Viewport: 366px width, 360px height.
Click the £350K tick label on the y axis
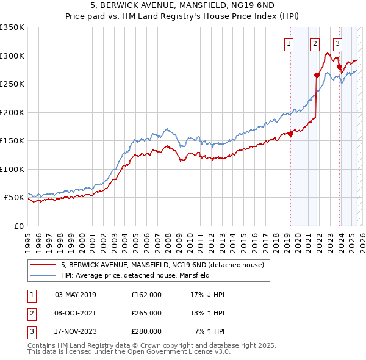pyautogui.click(x=12, y=27)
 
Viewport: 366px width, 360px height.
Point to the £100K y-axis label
pyautogui.click(x=12, y=169)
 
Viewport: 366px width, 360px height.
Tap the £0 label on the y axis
pyautogui.click(x=18, y=226)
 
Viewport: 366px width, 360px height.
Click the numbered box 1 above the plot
pyautogui.click(x=288, y=43)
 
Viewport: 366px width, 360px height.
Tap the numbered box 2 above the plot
pyautogui.click(x=315, y=43)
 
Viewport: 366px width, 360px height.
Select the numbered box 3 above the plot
pyautogui.click(x=337, y=43)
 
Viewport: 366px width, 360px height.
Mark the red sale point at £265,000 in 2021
pyautogui.click(x=317, y=76)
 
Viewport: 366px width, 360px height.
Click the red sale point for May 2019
pyautogui.click(x=290, y=134)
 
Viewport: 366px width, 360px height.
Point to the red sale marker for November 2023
pyautogui.click(x=339, y=67)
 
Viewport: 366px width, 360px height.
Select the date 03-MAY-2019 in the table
pyautogui.click(x=76, y=295)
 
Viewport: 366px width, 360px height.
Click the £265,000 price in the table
pyautogui.click(x=146, y=313)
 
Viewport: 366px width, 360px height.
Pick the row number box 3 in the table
pyautogui.click(x=32, y=331)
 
